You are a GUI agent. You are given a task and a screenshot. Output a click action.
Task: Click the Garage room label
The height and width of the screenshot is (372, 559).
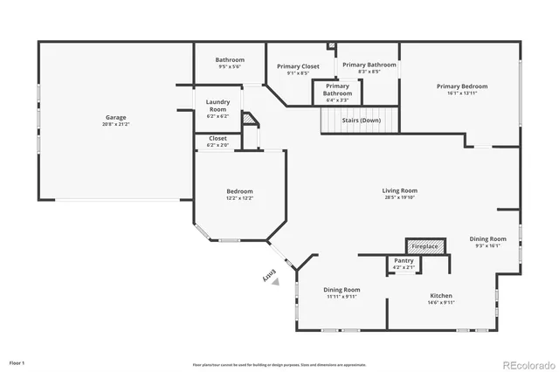click(115, 117)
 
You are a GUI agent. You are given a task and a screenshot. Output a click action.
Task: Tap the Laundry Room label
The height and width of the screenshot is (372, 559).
click(217, 109)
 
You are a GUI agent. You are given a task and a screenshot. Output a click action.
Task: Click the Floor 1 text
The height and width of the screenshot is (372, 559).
click(17, 362)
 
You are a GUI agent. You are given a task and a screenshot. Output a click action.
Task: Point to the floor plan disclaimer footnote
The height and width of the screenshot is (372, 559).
click(279, 364)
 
